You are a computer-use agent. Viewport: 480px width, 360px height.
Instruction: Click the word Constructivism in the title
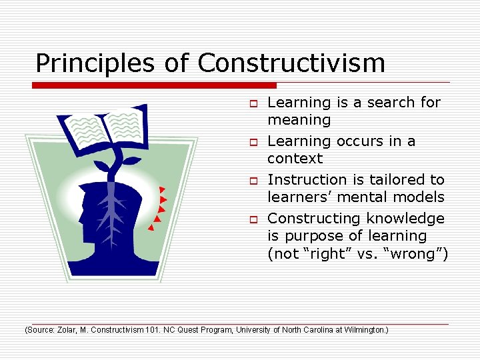(x=291, y=63)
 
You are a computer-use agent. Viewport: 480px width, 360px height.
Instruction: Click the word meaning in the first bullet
(x=299, y=121)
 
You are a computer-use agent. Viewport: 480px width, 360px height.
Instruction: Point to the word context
(x=295, y=159)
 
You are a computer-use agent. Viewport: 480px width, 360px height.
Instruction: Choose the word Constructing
(x=311, y=219)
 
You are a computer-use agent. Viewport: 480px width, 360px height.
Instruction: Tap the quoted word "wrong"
(x=419, y=255)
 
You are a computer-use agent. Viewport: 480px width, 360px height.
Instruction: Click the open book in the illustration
(x=103, y=125)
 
